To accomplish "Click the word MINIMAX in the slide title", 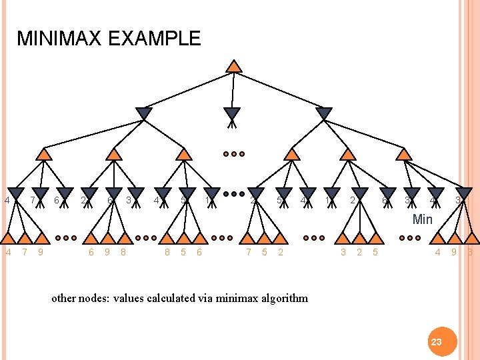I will coord(58,39).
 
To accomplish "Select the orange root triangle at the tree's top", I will coord(233,66).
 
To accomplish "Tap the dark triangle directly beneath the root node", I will coord(231,114).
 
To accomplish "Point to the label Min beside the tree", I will coord(423,219).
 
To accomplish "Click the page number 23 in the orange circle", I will coord(436,341).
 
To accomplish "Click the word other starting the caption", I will coord(64,298).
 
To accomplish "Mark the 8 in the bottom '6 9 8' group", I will coord(123,252).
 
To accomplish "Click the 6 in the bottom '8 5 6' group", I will coord(199,252).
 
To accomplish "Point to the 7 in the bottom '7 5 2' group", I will coord(249,252).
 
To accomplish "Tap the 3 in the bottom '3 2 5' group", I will coord(343,252).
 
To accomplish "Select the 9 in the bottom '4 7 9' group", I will coord(41,252).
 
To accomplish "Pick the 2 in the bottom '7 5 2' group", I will coord(281,252).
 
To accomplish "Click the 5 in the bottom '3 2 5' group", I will coord(375,252).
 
